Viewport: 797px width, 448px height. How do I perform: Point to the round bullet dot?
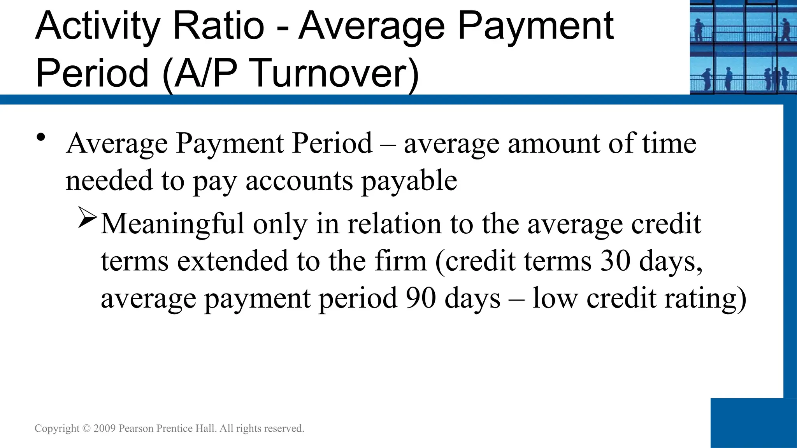point(41,137)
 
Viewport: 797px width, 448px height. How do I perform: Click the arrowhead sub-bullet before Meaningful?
point(87,217)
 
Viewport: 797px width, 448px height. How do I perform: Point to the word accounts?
point(299,181)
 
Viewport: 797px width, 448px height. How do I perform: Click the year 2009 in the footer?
point(105,429)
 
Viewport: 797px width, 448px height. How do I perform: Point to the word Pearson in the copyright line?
point(136,429)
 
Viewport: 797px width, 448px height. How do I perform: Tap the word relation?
point(394,224)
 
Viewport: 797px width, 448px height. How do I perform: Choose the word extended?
point(233,261)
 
